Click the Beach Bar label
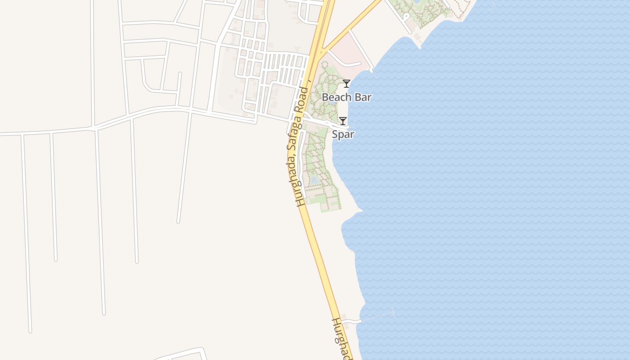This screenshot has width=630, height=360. [346, 97]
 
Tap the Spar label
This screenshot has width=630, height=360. [343, 134]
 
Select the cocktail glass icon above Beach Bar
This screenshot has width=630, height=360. [346, 83]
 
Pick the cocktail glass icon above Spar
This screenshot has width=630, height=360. [343, 121]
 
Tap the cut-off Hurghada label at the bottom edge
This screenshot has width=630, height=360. [342, 337]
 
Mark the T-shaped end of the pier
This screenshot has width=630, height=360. [394, 311]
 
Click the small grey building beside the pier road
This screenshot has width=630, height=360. [345, 316]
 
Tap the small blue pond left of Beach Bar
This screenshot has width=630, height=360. [332, 102]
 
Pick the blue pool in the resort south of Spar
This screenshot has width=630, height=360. [315, 180]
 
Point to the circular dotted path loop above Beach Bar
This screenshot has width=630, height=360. [324, 64]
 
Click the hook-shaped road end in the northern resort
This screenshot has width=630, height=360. [406, 17]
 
